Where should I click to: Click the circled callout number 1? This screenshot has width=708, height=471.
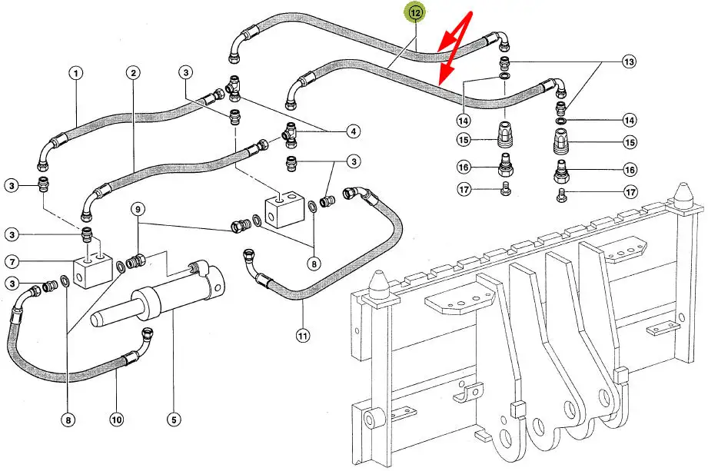[75, 74]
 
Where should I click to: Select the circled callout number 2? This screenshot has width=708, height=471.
[134, 74]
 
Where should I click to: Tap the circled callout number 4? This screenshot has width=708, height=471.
[353, 131]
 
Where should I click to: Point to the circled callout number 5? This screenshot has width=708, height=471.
[174, 420]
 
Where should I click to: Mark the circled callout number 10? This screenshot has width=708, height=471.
[116, 420]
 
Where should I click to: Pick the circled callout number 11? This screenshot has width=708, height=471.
[303, 335]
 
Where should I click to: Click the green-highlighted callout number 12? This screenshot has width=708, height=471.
[415, 13]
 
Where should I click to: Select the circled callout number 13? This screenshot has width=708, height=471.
[629, 61]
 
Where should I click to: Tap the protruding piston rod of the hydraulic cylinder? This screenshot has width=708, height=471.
[115, 314]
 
